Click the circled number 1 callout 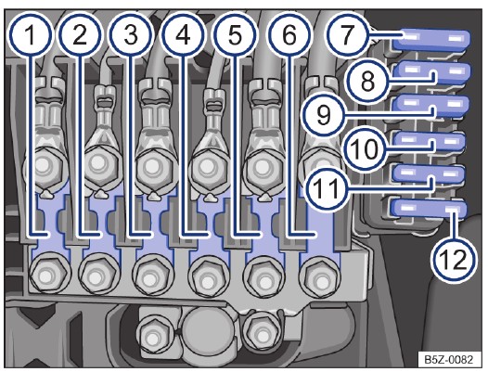coord(30,35)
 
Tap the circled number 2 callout coord(80,35)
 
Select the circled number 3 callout coord(131,35)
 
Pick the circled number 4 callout coord(183,35)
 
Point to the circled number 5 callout coord(236,35)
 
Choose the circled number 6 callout coord(289,35)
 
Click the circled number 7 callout coord(348,35)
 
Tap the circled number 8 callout coord(367,81)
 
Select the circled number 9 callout coord(324,115)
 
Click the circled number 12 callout coord(454,260)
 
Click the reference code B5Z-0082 coord(448,360)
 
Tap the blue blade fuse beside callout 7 coord(431,41)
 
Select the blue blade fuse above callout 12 coord(429,208)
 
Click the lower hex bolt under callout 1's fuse coord(47,274)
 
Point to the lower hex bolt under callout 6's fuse coord(320,277)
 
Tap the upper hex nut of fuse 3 coord(153,167)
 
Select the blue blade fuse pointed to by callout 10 coord(430,142)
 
